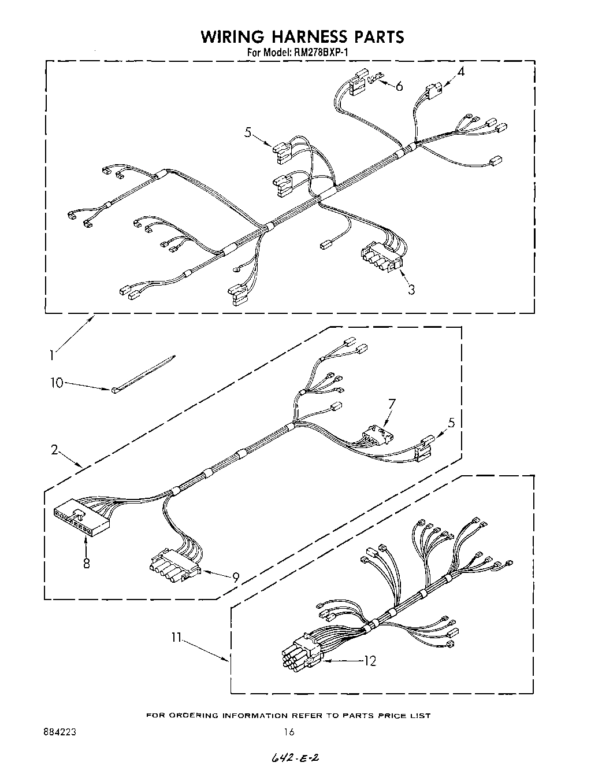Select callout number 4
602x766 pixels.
pos(460,72)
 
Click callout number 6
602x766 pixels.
pos(399,86)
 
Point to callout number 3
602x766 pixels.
pos(411,290)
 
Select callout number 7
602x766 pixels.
pos(391,404)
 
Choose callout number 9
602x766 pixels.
pos(235,576)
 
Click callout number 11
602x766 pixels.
pos(176,638)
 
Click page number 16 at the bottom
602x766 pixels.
pos(289,732)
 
